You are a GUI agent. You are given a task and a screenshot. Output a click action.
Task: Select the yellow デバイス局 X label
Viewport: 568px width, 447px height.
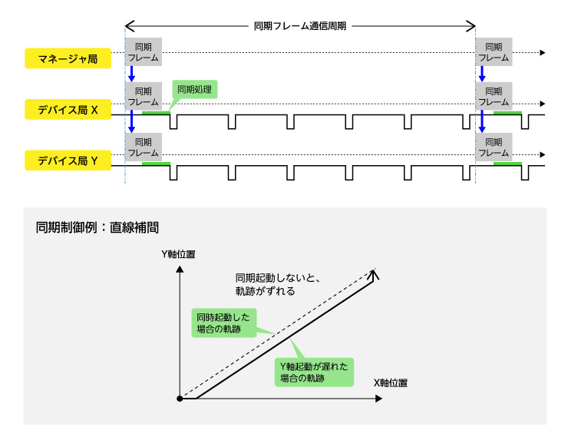[x=68, y=110]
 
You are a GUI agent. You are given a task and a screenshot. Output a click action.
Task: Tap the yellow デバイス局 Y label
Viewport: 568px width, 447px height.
[x=68, y=161]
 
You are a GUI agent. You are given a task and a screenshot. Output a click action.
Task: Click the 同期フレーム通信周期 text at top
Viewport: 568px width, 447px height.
[x=299, y=25]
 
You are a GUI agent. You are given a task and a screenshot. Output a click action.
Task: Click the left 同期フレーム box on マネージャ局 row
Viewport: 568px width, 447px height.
[x=144, y=52]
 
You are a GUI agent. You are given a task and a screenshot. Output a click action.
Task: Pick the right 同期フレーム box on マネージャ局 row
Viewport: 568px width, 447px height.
[x=494, y=52]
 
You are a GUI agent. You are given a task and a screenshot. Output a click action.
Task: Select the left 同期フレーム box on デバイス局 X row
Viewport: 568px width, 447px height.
[x=144, y=96]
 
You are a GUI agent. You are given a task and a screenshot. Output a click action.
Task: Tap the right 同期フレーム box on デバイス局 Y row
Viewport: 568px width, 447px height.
[x=494, y=147]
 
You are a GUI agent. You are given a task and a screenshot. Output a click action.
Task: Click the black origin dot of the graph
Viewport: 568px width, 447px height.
[x=179, y=399]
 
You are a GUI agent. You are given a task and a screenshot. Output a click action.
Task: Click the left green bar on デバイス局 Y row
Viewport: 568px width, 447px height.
[x=156, y=164]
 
